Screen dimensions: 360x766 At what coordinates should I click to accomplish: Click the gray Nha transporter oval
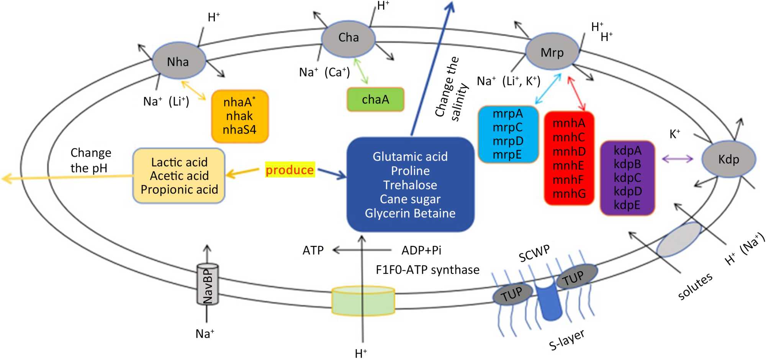tap(178, 62)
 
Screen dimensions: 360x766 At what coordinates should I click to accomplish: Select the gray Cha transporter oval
tap(348, 38)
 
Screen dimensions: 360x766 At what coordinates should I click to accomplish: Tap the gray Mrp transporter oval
tap(552, 52)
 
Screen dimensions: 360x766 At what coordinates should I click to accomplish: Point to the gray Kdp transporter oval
tap(728, 159)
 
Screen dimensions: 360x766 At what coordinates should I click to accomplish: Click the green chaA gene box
tap(375, 100)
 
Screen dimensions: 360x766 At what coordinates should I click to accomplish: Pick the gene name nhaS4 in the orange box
tap(239, 130)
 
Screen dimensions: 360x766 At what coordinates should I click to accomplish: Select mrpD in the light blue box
tap(507, 141)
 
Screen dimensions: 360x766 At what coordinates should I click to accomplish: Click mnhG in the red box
tap(569, 194)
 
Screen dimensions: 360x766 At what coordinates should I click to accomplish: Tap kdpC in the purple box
tap(627, 178)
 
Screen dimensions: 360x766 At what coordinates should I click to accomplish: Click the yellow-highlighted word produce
tap(290, 170)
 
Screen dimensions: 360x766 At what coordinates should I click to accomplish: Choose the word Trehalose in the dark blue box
tap(410, 185)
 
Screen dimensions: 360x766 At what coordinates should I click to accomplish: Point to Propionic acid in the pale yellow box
tap(179, 190)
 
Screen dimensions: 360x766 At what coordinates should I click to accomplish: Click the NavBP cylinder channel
tap(207, 284)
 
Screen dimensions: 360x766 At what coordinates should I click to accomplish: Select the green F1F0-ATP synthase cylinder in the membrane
tap(363, 301)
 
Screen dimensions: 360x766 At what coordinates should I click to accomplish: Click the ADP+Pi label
tap(421, 250)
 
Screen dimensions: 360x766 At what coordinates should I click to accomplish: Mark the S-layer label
tap(566, 340)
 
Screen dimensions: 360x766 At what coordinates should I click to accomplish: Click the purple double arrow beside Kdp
tap(677, 159)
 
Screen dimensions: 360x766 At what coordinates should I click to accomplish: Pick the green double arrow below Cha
tap(361, 71)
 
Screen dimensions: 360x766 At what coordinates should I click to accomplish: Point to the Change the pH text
tap(90, 160)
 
